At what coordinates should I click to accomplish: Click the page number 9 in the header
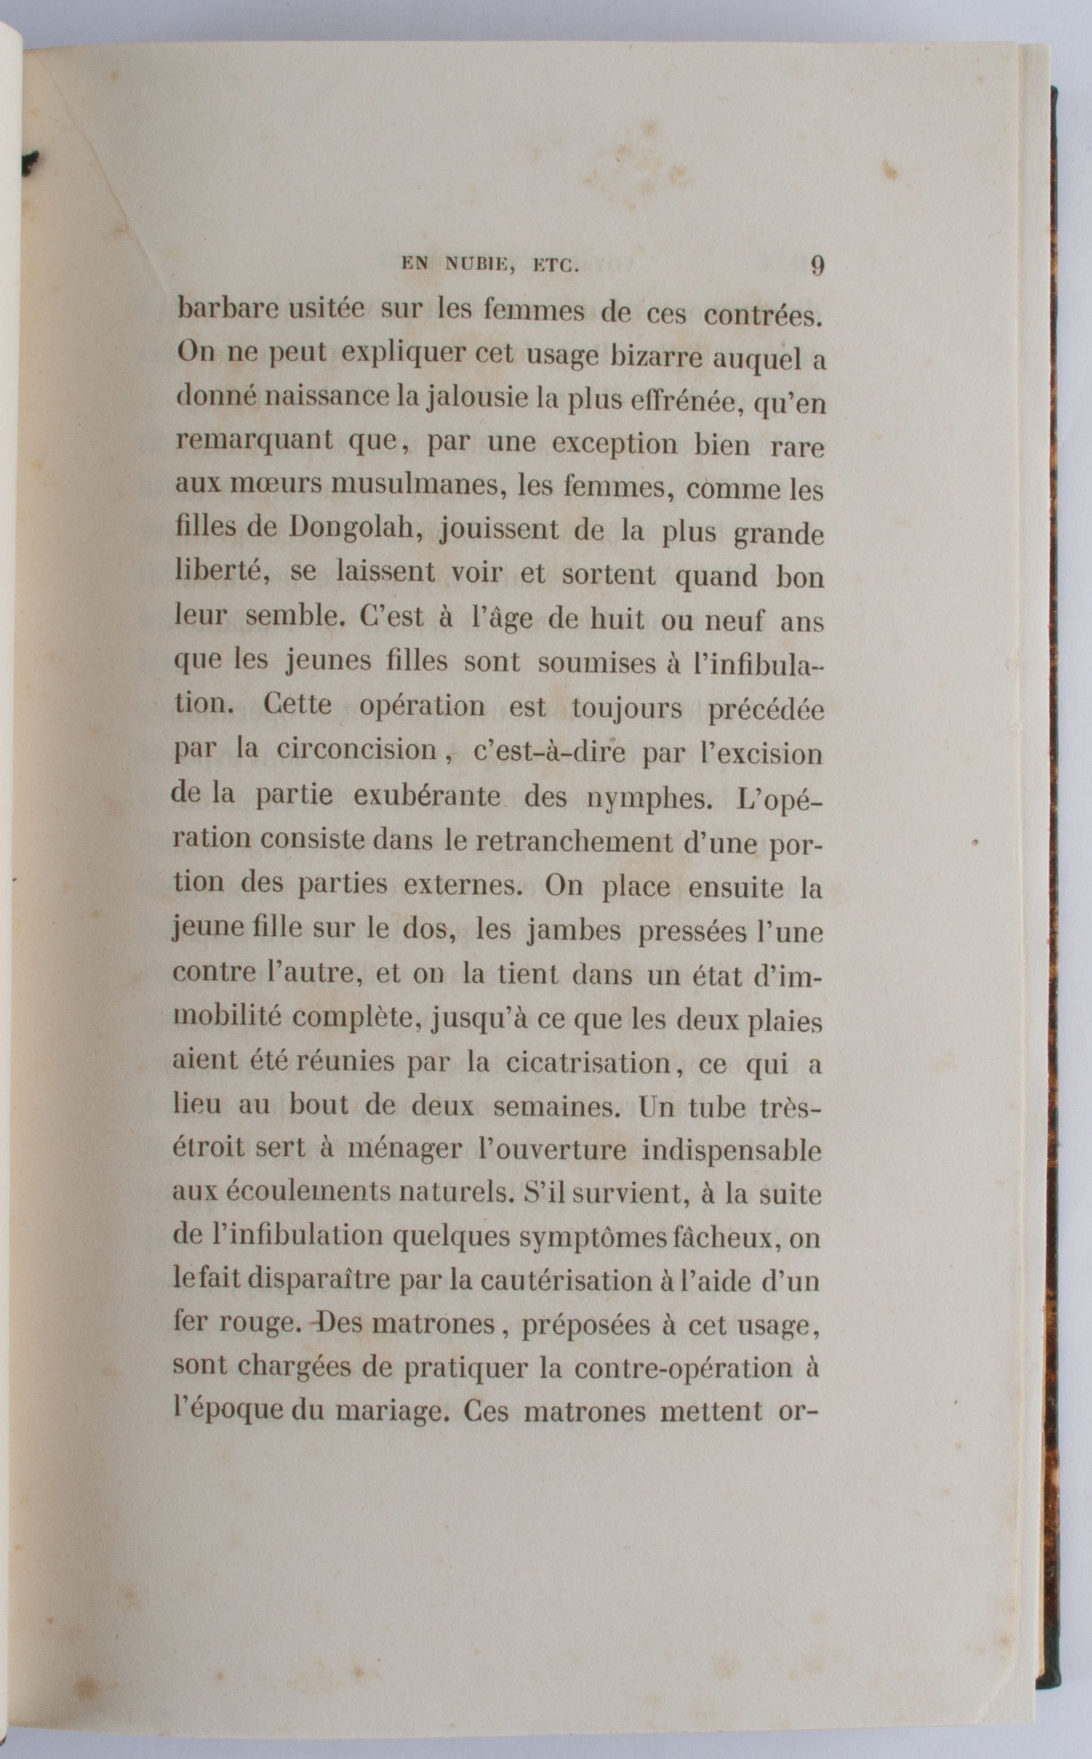click(x=817, y=265)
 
